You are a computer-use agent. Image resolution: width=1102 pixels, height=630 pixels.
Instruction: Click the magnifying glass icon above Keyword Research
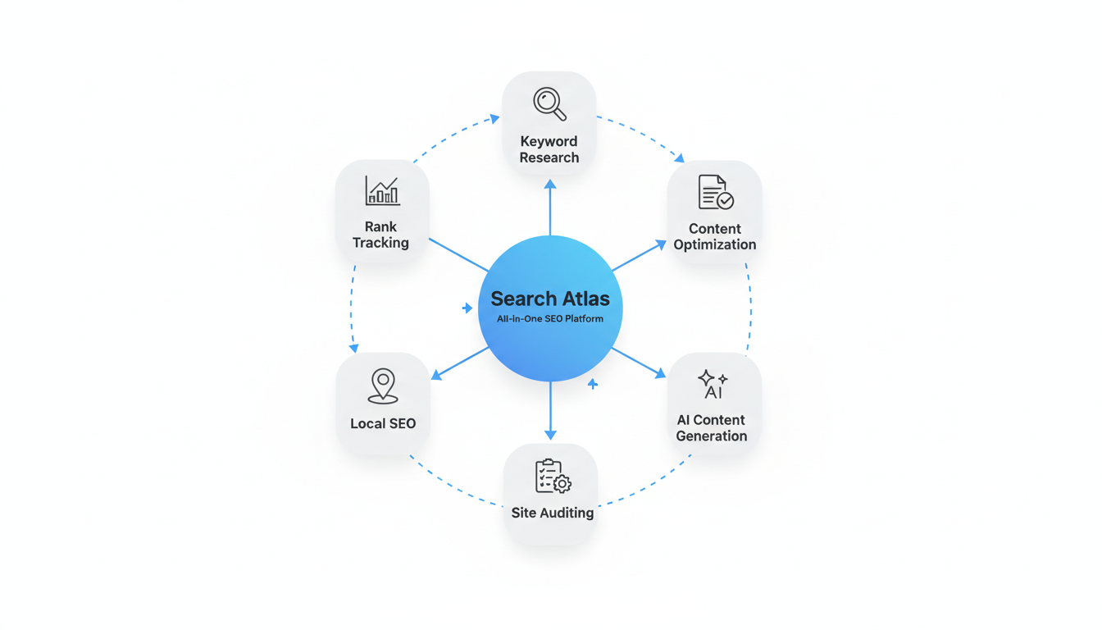tap(549, 103)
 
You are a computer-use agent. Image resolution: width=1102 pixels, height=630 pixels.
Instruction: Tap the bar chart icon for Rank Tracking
tap(382, 191)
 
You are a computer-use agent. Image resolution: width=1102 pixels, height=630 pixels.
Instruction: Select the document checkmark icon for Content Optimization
tap(715, 192)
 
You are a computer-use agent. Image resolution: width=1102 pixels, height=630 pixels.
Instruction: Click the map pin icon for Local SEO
tap(383, 386)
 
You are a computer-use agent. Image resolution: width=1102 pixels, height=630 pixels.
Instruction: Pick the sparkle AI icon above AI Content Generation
tap(712, 384)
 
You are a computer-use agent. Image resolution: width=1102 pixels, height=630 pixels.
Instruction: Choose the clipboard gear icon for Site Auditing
tap(553, 476)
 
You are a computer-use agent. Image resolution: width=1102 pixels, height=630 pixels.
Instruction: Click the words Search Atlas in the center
tap(549, 299)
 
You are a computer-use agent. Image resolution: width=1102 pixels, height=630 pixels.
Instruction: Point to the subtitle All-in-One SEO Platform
tap(549, 318)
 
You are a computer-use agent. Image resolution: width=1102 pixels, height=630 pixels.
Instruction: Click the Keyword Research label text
tap(549, 149)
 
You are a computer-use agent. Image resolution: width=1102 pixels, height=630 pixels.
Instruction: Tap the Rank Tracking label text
tap(380, 235)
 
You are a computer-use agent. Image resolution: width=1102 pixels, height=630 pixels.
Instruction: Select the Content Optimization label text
tap(715, 236)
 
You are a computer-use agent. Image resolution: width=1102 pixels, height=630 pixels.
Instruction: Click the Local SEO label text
tap(383, 423)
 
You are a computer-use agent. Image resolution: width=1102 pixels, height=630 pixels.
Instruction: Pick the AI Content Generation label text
tap(712, 428)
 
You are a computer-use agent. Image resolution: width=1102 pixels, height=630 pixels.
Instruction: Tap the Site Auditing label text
tap(553, 513)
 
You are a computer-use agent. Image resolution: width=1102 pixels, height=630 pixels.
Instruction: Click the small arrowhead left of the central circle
tap(467, 308)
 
